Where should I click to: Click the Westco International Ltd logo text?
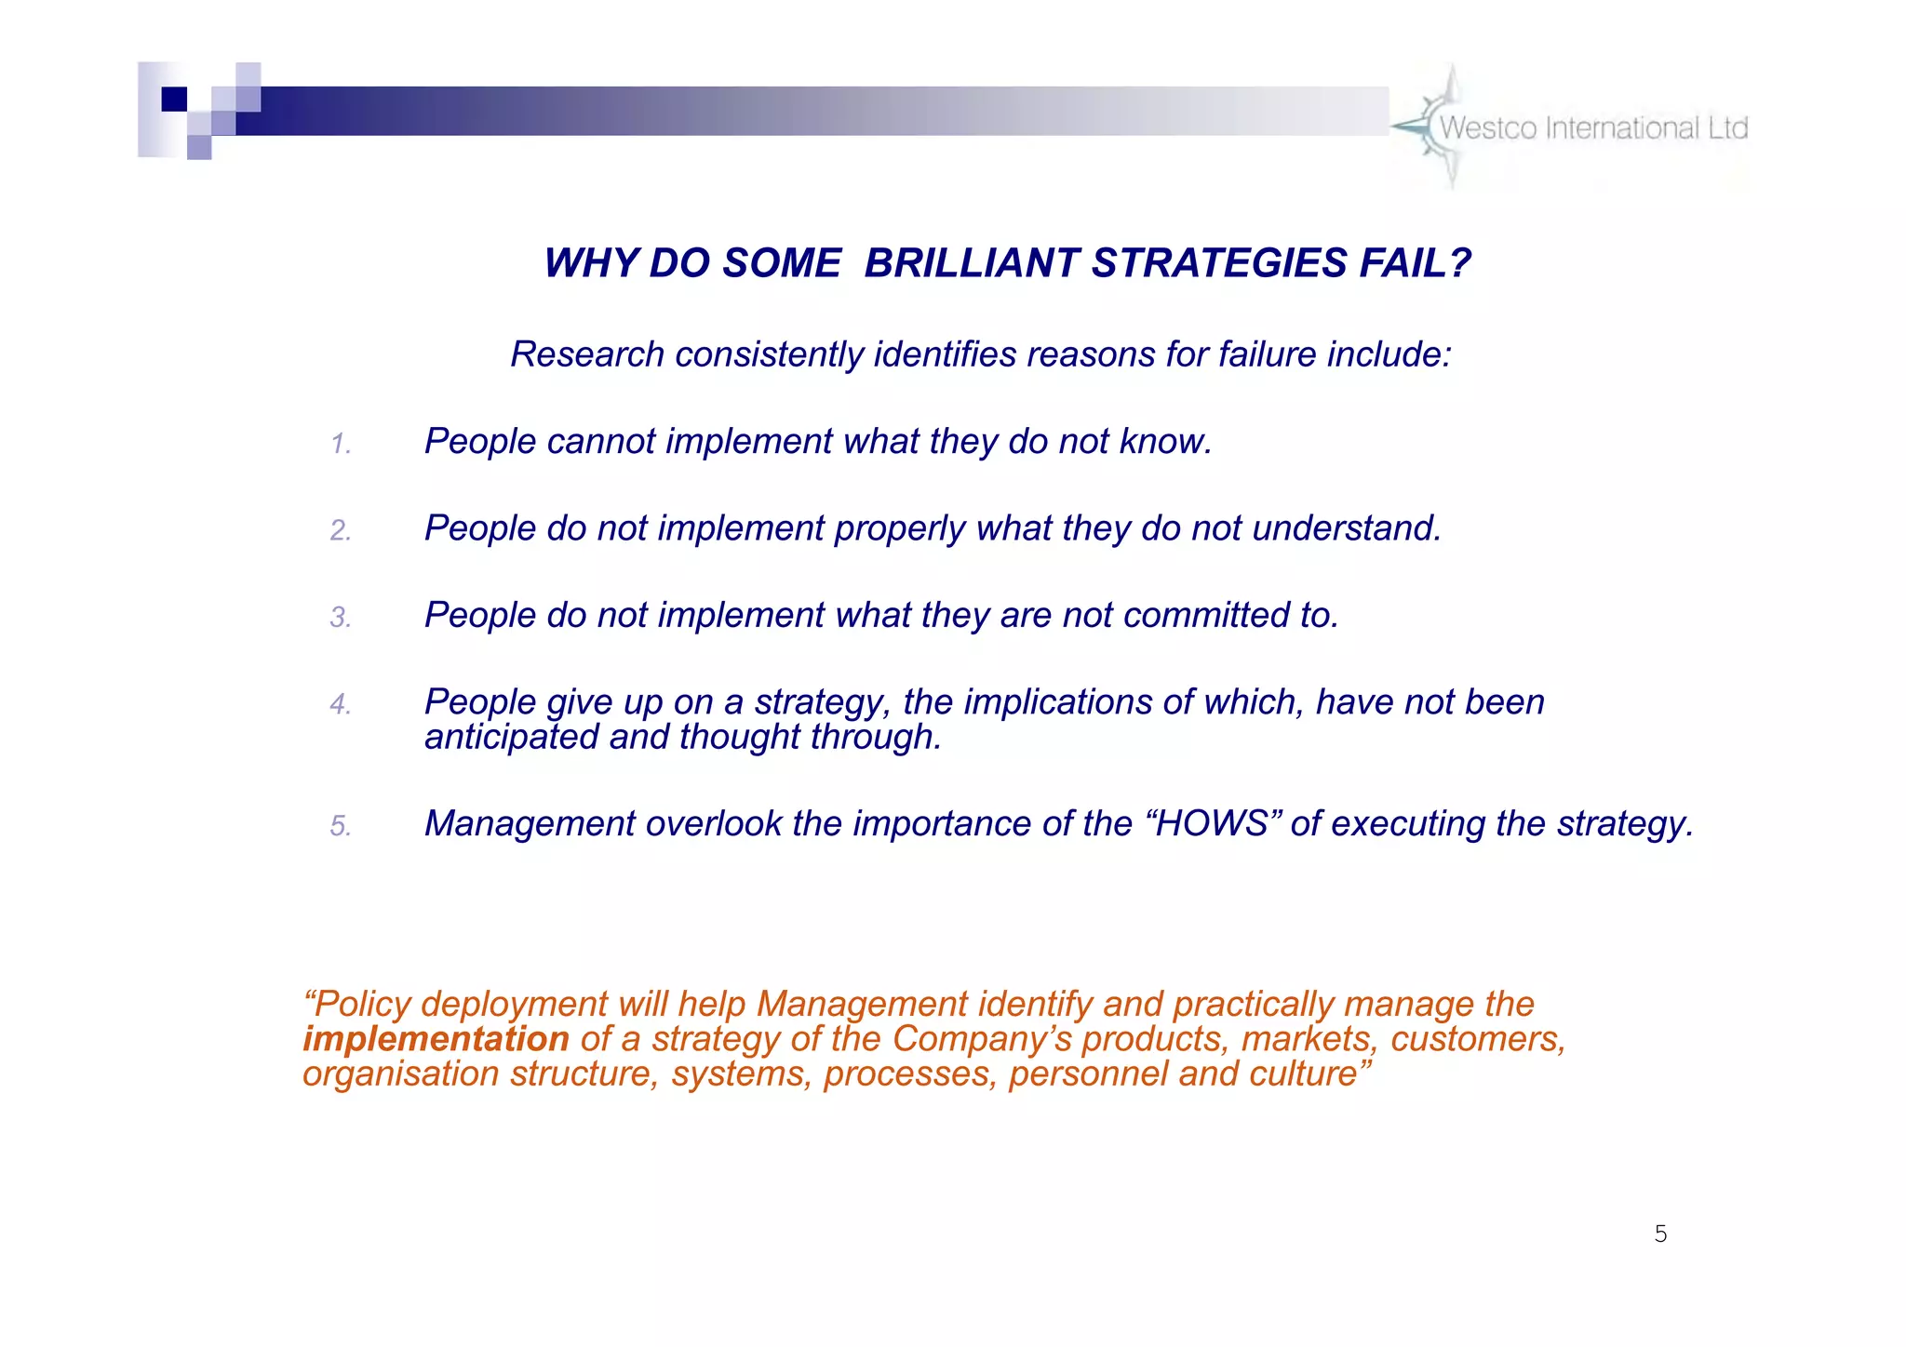point(1593,128)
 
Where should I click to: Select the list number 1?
point(341,444)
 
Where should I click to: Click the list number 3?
point(341,618)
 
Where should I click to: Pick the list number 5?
point(341,826)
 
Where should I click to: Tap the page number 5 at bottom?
point(1660,1234)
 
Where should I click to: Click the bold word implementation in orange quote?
point(436,1039)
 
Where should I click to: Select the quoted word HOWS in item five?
point(1212,824)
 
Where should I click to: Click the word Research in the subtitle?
point(587,354)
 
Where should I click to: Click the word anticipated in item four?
point(511,738)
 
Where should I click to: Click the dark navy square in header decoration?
point(174,99)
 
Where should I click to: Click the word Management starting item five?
point(529,824)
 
